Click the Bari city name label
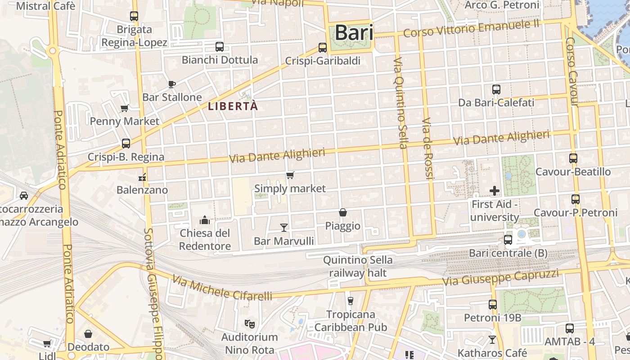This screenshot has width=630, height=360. (354, 32)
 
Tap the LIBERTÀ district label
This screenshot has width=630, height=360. (233, 106)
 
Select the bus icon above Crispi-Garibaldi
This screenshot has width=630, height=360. (322, 47)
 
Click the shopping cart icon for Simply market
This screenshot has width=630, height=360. (290, 175)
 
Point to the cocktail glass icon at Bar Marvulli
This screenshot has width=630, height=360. (284, 227)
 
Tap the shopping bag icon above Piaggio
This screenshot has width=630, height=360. (343, 212)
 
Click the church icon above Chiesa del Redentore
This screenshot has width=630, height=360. (205, 220)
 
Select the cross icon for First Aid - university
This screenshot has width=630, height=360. (495, 191)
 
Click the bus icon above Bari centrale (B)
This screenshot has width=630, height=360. (508, 240)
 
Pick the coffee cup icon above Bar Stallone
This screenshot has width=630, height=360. (171, 84)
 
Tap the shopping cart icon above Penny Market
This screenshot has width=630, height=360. (125, 108)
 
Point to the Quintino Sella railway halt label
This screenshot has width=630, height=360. (358, 266)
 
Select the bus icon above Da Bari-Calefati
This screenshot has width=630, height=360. (496, 90)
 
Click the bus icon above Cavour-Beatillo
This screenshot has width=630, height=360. (573, 158)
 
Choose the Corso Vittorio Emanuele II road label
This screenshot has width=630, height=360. (471, 29)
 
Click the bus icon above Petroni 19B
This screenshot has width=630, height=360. (493, 305)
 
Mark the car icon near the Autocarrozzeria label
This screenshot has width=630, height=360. (24, 196)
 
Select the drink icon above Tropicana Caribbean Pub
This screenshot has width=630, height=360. (351, 301)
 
